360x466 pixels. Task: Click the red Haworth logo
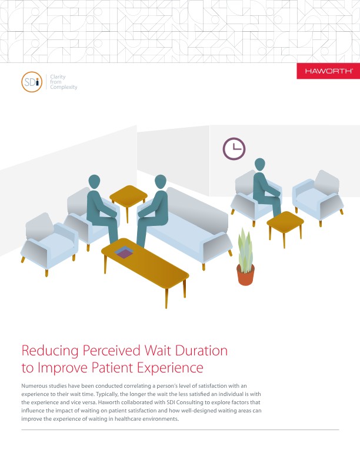pyautogui.click(x=328, y=71)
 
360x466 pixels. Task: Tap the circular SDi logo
pyautogui.click(x=32, y=82)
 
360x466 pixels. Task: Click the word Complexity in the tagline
pyautogui.click(x=64, y=87)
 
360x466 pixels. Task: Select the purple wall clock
pyautogui.click(x=234, y=149)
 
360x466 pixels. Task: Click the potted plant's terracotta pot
pyautogui.click(x=245, y=275)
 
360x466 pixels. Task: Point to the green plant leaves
pyautogui.click(x=245, y=250)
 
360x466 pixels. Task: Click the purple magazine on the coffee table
pyautogui.click(x=124, y=252)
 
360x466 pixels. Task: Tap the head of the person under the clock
pyautogui.click(x=259, y=164)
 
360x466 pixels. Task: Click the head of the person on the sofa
pyautogui.click(x=161, y=181)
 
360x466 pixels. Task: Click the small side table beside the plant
pyautogui.click(x=285, y=226)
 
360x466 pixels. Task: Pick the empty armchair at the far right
pyautogui.click(x=318, y=196)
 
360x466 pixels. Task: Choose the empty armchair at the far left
pyautogui.click(x=49, y=242)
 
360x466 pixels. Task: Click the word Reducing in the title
pyautogui.click(x=50, y=351)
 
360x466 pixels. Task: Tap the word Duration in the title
pyautogui.click(x=201, y=351)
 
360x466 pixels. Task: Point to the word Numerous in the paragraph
pyautogui.click(x=34, y=386)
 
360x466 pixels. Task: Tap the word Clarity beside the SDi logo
pyautogui.click(x=58, y=76)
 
